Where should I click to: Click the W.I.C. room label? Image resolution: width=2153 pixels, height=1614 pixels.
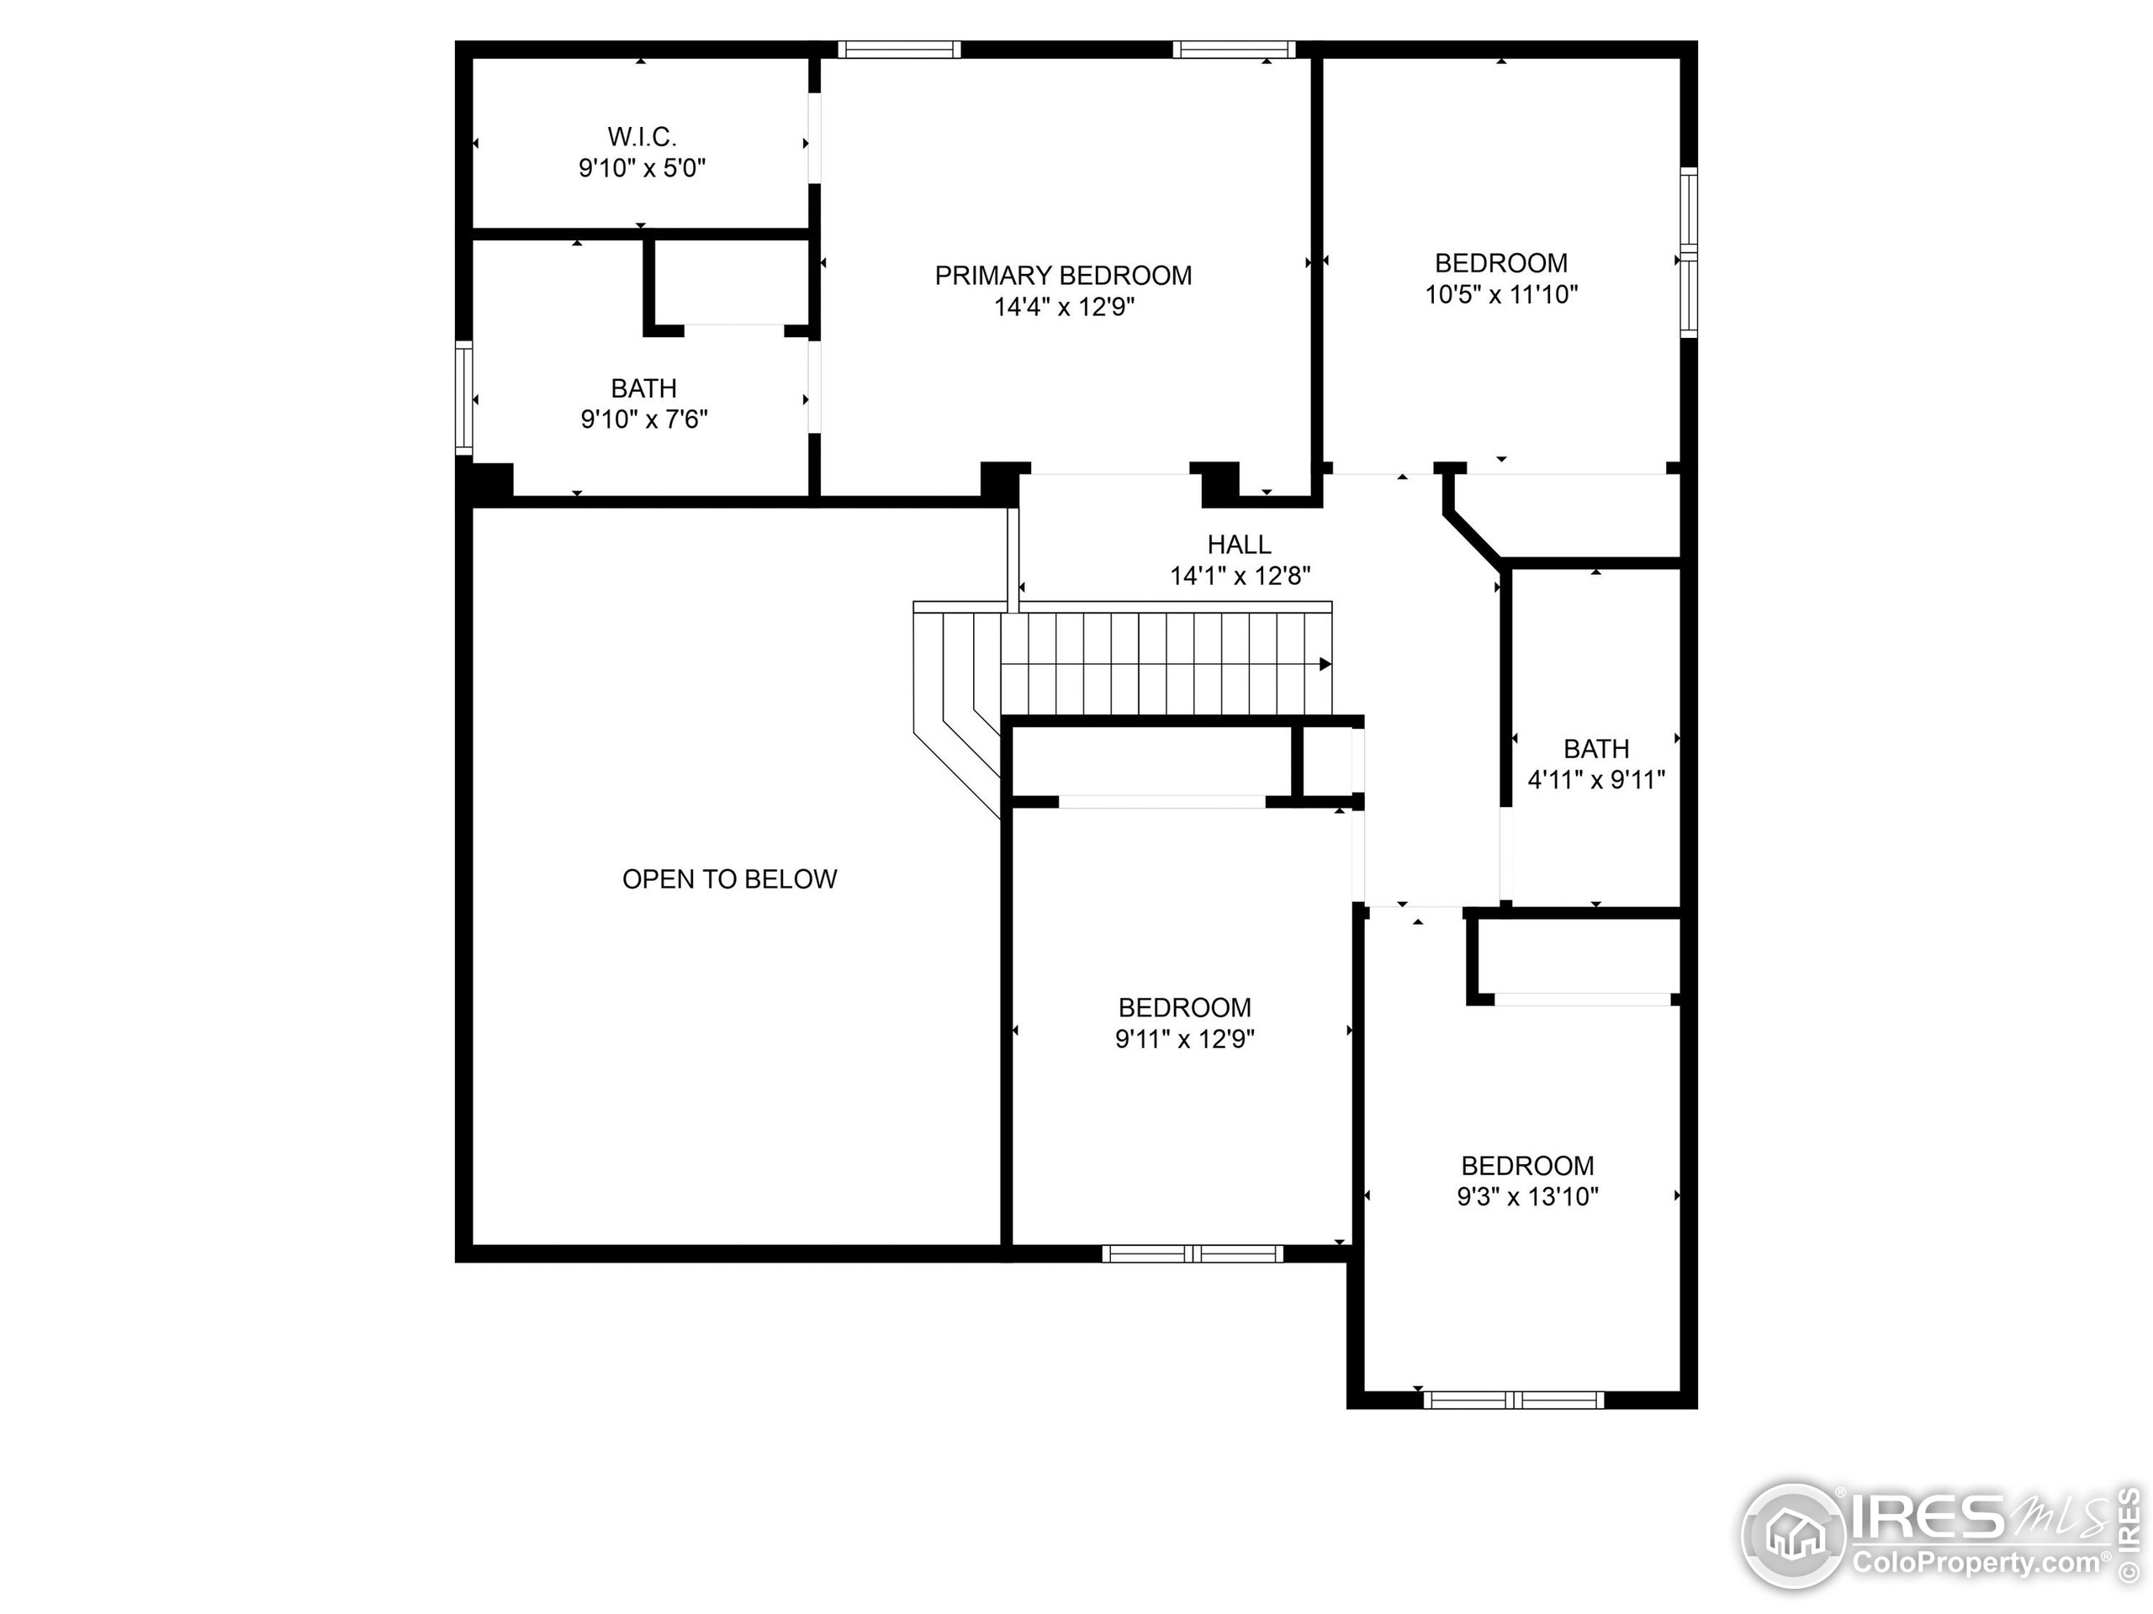point(642,136)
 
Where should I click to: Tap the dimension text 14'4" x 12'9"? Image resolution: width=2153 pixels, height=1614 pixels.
point(1064,308)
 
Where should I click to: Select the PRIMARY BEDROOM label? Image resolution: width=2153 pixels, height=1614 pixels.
point(1063,277)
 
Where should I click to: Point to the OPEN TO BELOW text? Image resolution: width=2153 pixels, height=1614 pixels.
point(729,879)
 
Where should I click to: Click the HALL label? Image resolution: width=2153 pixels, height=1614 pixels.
point(1239,545)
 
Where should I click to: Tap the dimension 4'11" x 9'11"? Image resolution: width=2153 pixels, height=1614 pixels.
point(1595,780)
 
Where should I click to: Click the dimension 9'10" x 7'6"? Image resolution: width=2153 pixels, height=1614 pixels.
point(643,420)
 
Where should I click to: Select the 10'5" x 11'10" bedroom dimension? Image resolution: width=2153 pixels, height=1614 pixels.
point(1501,295)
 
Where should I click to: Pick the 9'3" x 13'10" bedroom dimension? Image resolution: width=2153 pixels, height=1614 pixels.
point(1527,1197)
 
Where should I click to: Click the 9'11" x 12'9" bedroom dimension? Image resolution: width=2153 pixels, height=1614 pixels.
point(1184,1039)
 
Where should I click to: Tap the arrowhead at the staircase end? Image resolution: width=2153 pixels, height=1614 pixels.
point(1325,664)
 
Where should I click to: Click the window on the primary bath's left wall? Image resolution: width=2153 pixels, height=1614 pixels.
point(464,398)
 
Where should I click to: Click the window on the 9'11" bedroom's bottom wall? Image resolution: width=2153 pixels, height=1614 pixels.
point(1193,1254)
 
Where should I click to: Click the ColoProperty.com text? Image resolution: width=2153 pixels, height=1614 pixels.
point(1976,1564)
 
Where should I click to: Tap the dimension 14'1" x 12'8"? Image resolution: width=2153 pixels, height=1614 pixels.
point(1239,576)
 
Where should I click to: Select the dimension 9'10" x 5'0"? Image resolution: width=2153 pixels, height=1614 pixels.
point(642,168)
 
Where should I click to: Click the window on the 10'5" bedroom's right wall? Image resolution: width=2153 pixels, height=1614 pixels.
point(1689,253)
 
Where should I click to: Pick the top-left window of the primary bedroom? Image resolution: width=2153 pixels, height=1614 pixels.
point(898,50)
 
